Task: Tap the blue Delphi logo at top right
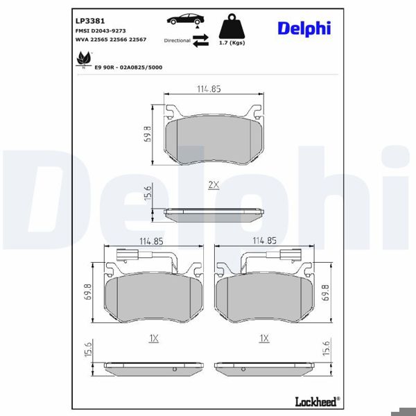304,28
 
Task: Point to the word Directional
177,41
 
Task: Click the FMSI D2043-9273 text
100,31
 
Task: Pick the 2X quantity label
213,185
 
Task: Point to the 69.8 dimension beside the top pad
148,133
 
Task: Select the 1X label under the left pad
154,338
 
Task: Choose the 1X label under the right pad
263,338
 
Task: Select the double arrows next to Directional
200,40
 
